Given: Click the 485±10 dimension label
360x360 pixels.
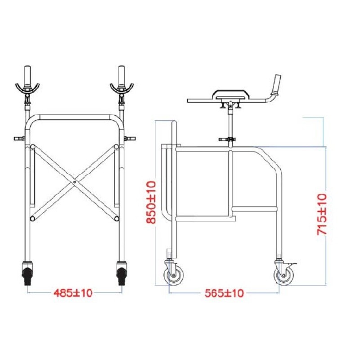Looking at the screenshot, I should pos(73,293).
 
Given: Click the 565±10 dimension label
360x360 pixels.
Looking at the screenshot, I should pos(225,293).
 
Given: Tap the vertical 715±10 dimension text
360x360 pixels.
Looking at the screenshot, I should pos(322,214).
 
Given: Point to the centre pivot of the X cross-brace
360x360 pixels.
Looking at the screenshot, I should pos(73,182).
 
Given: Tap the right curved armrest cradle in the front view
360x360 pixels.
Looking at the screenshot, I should pos(121,87).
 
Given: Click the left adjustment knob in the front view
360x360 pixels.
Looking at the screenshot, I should pos(18,139).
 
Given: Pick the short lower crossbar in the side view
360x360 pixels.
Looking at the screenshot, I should pos(254,209).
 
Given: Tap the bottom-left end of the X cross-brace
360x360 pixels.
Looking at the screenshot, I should pos(33,218).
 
